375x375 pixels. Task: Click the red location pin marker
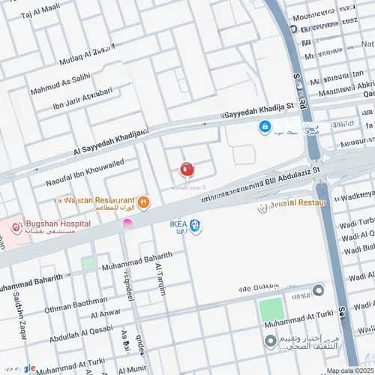187,169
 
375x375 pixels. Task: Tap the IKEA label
176,223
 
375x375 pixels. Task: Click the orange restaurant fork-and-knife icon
143,202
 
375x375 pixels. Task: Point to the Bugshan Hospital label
57,223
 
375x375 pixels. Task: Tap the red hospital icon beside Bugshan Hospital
16,226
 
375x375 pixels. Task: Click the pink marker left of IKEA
127,223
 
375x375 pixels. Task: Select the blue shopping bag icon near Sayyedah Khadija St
265,127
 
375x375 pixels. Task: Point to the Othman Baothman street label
76,302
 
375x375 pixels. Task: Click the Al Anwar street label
105,313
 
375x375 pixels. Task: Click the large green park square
271,310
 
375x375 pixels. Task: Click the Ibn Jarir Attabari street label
83,98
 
